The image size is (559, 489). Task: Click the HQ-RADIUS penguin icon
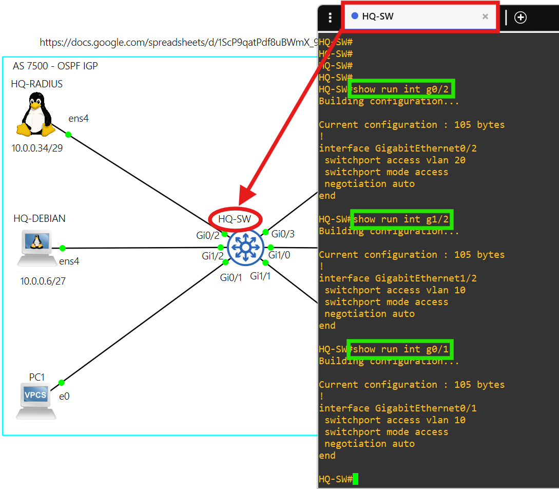click(35, 115)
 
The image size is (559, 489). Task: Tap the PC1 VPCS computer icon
click(36, 399)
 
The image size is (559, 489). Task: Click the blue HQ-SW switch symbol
click(245, 248)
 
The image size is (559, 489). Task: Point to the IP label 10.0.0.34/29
click(37, 148)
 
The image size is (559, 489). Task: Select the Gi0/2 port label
click(208, 235)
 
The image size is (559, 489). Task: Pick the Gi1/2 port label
click(213, 256)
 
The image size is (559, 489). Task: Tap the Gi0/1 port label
click(231, 278)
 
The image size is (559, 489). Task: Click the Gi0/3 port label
click(283, 234)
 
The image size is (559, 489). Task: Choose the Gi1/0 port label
click(280, 255)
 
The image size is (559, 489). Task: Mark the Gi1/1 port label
click(260, 276)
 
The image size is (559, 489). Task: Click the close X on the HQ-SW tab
click(485, 16)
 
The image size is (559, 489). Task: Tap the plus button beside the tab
click(521, 17)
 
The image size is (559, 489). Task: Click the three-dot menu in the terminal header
click(330, 18)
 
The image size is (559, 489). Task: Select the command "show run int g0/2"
click(401, 89)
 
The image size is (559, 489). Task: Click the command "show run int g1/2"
click(401, 219)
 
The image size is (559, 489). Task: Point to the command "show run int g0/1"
click(401, 349)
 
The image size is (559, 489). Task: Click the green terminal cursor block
click(355, 479)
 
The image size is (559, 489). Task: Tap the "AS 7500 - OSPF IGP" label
click(55, 66)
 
